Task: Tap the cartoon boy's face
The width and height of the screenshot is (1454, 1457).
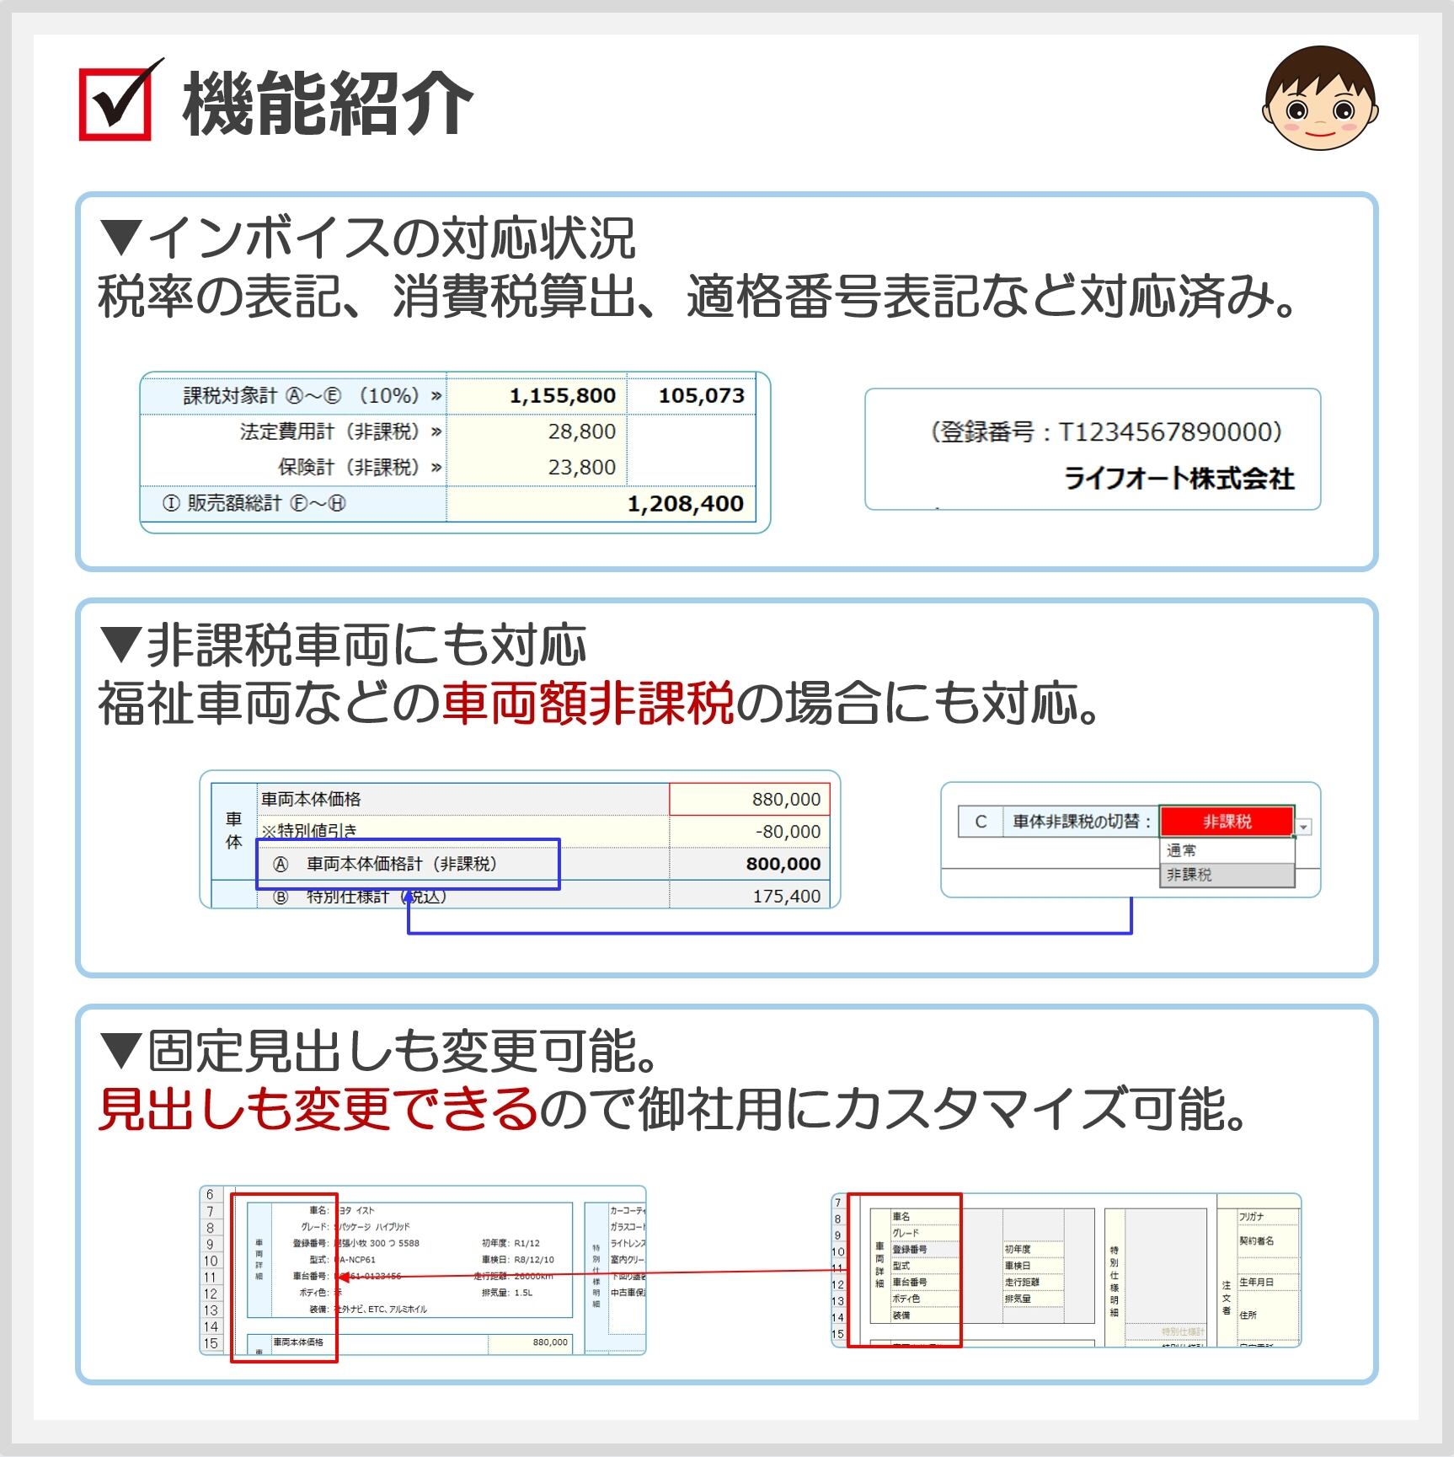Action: coord(1319,99)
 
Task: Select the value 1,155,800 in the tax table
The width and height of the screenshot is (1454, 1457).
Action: coord(562,395)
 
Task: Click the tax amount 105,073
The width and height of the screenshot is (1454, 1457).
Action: coord(701,395)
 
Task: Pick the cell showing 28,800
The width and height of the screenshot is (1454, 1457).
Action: coord(581,431)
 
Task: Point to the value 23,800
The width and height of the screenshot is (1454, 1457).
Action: coord(581,467)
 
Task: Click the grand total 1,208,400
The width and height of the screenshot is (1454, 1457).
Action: coord(685,503)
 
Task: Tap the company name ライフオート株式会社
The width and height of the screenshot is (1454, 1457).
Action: coord(1179,479)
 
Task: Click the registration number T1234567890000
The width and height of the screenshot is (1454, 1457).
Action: coord(1169,432)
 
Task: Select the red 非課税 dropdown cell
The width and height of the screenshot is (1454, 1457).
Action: coord(1227,822)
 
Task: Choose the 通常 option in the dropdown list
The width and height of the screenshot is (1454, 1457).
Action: coord(1182,850)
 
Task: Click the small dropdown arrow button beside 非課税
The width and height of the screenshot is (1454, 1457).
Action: coord(1304,827)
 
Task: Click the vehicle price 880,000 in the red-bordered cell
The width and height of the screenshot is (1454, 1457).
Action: coord(785,799)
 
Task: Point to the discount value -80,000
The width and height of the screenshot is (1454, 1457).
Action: coord(788,831)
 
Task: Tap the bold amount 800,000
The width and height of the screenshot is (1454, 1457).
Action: coord(783,864)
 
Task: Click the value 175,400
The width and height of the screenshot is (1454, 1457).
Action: coord(786,896)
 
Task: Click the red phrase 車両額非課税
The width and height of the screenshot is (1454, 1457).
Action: coord(588,703)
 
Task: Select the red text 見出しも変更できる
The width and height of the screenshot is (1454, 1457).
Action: coord(318,1109)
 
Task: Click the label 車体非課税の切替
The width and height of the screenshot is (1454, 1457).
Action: coord(1081,822)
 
